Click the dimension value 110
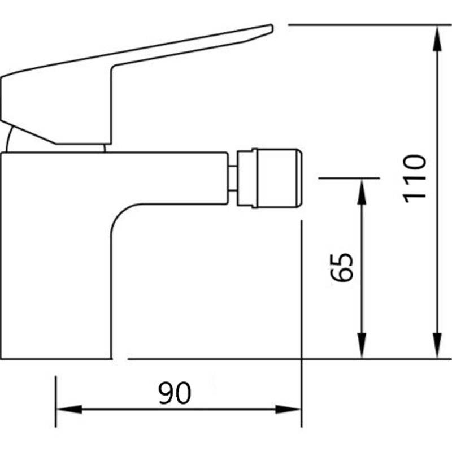(x=414, y=179)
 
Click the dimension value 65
(x=341, y=267)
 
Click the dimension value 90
(x=175, y=393)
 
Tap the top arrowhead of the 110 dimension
(x=437, y=39)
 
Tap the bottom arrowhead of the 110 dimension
(x=437, y=345)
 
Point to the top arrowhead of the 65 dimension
(x=362, y=192)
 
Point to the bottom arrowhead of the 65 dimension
(x=362, y=345)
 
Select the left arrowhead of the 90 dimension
(x=69, y=409)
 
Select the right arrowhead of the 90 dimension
(x=288, y=409)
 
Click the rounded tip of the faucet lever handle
(x=271, y=28)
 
